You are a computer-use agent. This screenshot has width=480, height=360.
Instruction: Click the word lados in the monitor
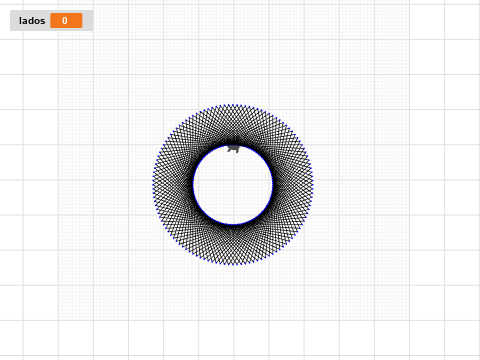click(32, 21)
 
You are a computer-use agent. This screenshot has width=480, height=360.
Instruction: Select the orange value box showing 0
click(66, 21)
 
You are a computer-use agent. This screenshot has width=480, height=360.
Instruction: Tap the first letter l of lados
click(20, 21)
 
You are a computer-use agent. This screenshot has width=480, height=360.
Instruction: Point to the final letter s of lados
click(43, 22)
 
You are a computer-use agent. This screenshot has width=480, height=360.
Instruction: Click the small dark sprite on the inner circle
click(233, 148)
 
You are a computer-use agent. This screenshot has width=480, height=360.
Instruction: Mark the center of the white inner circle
click(233, 185)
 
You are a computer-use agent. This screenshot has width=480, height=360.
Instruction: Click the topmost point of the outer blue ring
click(233, 105)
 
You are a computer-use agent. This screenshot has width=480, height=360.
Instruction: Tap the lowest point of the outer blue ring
click(233, 264)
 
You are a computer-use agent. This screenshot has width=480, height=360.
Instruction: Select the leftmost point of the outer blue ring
click(153, 185)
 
